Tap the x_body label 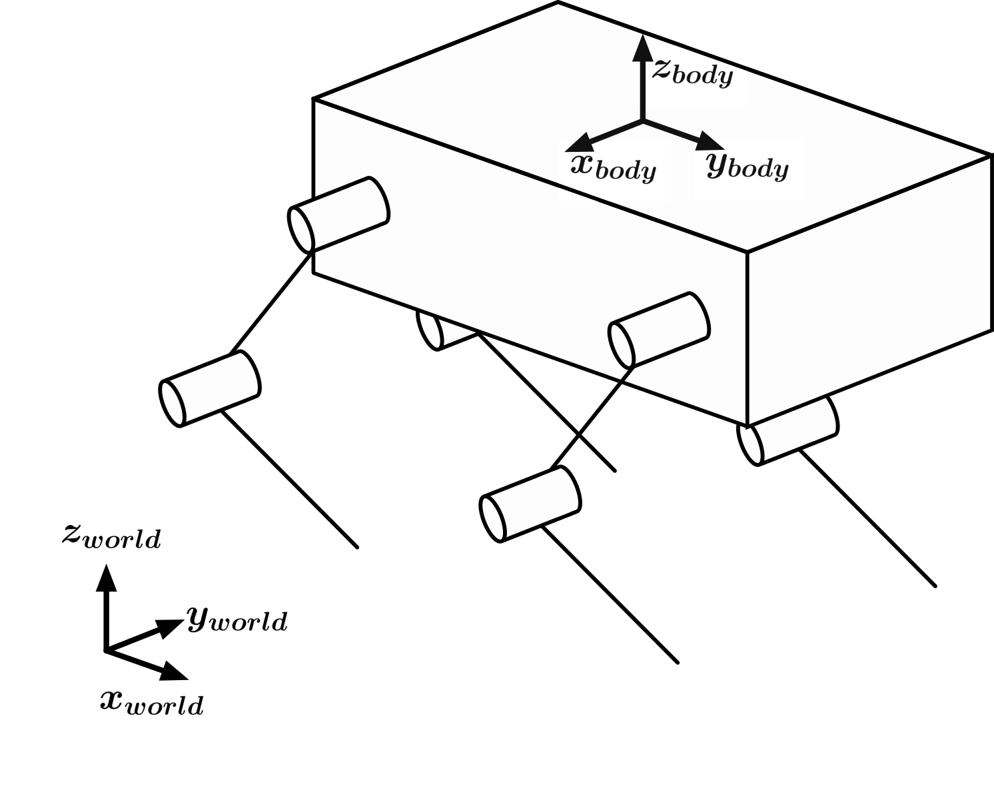pos(614,167)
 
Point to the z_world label pos(111,536)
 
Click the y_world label pos(237,620)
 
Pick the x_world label pos(152,702)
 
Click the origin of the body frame pos(642,121)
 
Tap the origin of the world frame pos(105,650)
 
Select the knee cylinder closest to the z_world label pos(210,389)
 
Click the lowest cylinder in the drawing pos(530,504)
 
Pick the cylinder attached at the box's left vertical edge pos(338,214)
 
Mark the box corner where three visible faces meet pos(747,252)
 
